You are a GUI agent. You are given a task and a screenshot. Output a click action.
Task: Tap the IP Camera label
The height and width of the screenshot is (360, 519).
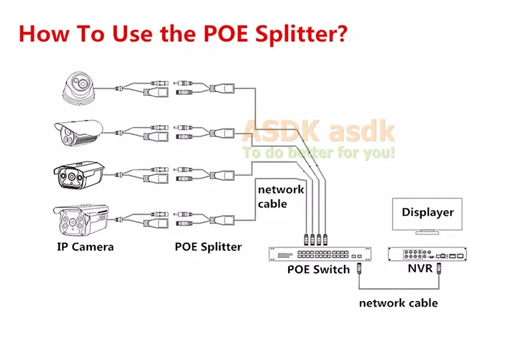coord(84,246)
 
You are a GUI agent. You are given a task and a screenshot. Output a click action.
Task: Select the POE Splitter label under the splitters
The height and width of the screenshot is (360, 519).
coord(208,246)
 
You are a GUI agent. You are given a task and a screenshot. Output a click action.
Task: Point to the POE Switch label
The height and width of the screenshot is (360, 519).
coord(319,269)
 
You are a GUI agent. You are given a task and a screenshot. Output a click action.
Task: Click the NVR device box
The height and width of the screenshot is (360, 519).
coord(427,254)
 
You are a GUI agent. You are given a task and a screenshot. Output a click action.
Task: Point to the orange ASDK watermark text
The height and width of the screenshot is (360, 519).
coord(318,131)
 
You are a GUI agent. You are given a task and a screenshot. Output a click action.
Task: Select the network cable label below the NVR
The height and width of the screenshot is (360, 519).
coord(398,303)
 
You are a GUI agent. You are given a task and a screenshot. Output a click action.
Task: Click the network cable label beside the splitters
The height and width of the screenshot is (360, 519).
coord(280,196)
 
